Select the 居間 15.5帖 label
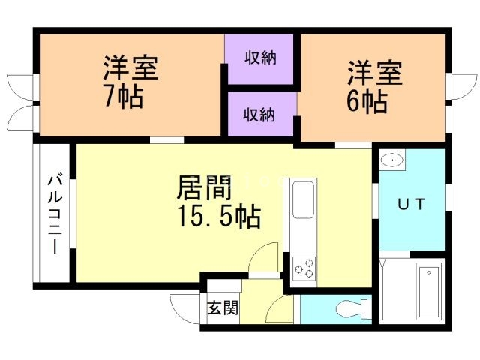point(218,201)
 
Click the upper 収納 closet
point(261,58)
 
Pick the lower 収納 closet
point(261,115)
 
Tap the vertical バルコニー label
point(55,214)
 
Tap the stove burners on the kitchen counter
point(304,268)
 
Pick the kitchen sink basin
point(303,201)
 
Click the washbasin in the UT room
point(391,160)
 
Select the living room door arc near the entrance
point(263,259)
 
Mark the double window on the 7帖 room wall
point(19,103)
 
